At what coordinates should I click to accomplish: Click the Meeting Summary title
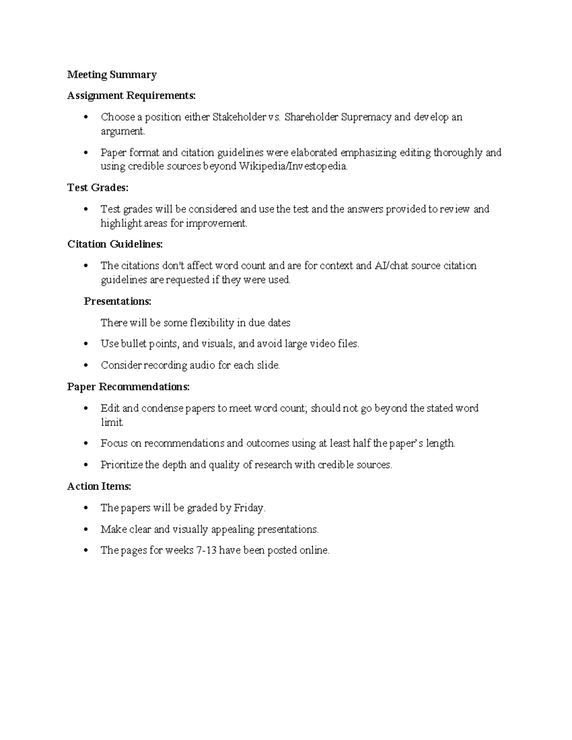pyautogui.click(x=112, y=75)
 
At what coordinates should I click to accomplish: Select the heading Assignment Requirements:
pyautogui.click(x=131, y=96)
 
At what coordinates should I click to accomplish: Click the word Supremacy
pyautogui.click(x=366, y=117)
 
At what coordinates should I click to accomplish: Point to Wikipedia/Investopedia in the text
pyautogui.click(x=293, y=167)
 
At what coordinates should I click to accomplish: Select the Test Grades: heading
pyautogui.click(x=98, y=188)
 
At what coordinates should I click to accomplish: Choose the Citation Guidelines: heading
pyautogui.click(x=115, y=244)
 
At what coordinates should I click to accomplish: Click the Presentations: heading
pyautogui.click(x=118, y=302)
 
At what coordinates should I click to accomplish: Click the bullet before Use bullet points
pyautogui.click(x=86, y=344)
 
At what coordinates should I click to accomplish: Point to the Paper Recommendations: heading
pyautogui.click(x=128, y=387)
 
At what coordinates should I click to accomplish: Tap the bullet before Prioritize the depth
pyautogui.click(x=86, y=465)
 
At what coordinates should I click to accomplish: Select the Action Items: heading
pyautogui.click(x=99, y=487)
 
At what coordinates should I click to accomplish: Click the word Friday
pyautogui.click(x=248, y=508)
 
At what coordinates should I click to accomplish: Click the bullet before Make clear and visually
pyautogui.click(x=86, y=529)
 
